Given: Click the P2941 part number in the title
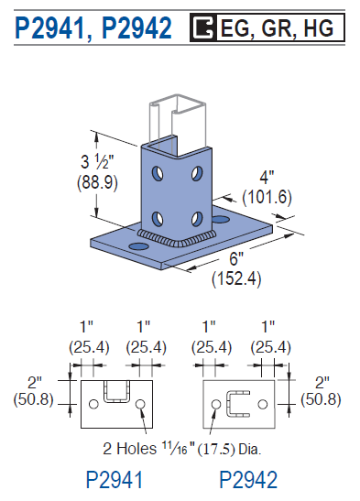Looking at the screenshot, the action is click(49, 28).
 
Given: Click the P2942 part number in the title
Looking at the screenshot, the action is click(137, 28).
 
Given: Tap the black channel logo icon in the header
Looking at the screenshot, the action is click(203, 27).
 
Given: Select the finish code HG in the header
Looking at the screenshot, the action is click(319, 27).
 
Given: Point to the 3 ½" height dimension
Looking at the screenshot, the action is click(97, 161).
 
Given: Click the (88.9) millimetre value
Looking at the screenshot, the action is click(97, 182).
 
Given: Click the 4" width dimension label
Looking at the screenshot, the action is click(267, 178).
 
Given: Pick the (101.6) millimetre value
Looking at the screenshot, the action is click(267, 197).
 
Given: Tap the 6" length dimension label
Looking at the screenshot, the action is click(236, 258).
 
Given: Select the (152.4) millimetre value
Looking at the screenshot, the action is click(236, 278).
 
